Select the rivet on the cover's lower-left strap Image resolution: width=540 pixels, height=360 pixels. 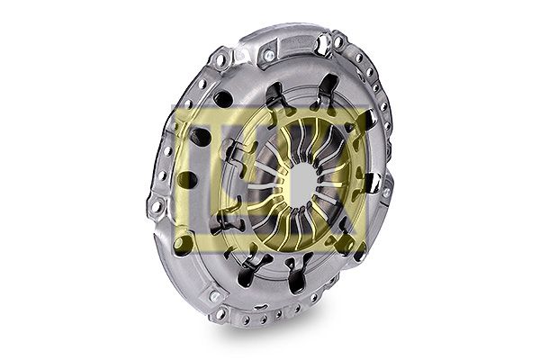click(214, 296)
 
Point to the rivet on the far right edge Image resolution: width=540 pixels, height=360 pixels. click(386, 192)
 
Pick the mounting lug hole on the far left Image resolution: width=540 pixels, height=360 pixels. click(156, 207)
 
